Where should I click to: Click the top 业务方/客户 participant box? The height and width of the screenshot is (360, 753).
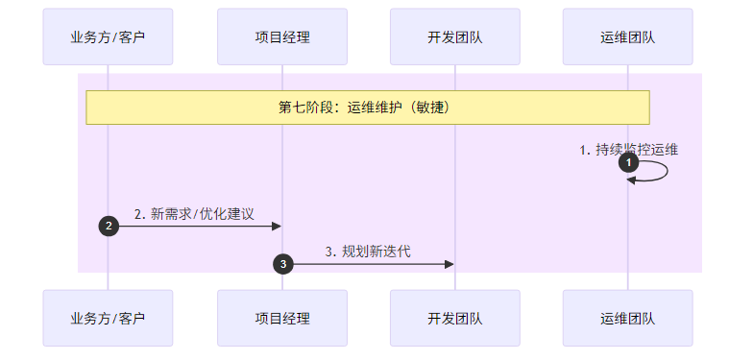tap(108, 37)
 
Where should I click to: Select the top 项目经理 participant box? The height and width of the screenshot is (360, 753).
tap(281, 37)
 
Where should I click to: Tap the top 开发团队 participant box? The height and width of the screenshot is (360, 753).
tap(454, 37)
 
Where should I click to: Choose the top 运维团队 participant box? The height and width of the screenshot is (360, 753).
tap(627, 37)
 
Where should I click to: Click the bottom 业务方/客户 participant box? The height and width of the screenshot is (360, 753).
tap(108, 318)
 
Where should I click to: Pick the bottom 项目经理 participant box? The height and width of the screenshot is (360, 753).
tap(281, 318)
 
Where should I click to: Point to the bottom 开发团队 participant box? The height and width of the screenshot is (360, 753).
tap(454, 318)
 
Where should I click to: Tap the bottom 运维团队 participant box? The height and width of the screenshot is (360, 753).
tap(627, 318)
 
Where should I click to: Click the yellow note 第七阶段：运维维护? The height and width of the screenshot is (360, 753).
tap(368, 108)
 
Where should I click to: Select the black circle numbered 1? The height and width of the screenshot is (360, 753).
tap(629, 163)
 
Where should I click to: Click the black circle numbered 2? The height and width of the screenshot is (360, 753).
tap(109, 226)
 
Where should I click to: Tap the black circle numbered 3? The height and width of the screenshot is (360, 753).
tap(282, 264)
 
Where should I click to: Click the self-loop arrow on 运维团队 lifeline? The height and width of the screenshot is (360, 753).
tap(665, 171)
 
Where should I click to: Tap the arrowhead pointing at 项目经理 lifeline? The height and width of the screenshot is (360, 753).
tap(276, 226)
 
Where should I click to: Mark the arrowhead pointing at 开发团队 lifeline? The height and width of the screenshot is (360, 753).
tap(449, 264)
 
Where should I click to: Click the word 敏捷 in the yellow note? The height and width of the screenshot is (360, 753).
tap(430, 108)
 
